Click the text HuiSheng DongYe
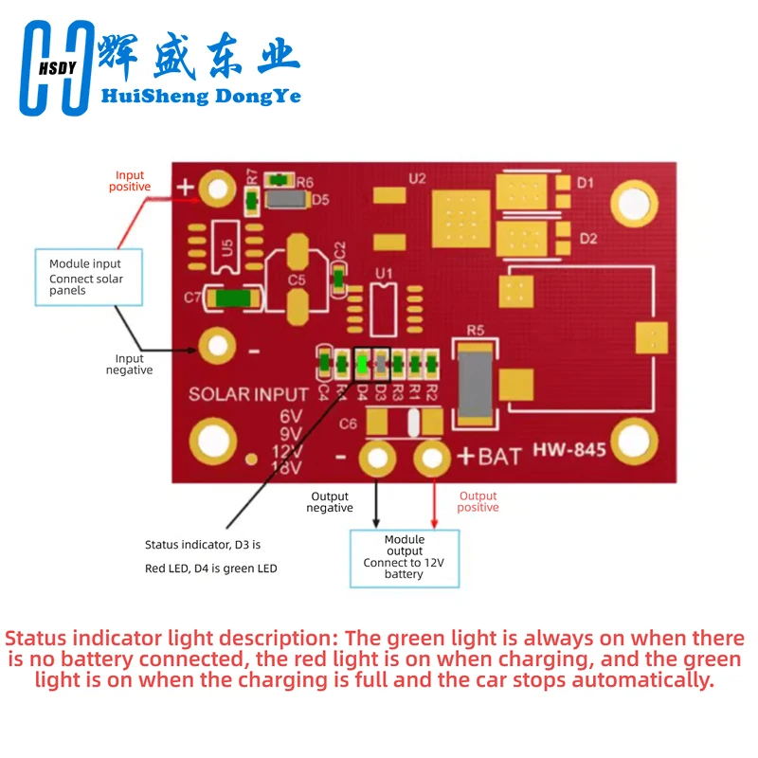coord(200,96)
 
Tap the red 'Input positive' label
coord(131,181)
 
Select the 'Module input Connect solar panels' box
coord(88,277)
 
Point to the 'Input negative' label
coord(129,364)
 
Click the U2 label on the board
coord(417,178)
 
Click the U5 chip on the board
coord(226,247)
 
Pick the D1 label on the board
coord(587,182)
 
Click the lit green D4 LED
coord(361,362)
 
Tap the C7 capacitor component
coord(231,298)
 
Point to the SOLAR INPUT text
coord(248,393)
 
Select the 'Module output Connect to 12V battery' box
coord(405,557)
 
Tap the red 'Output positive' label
coord(478,501)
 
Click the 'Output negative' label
coord(329,502)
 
